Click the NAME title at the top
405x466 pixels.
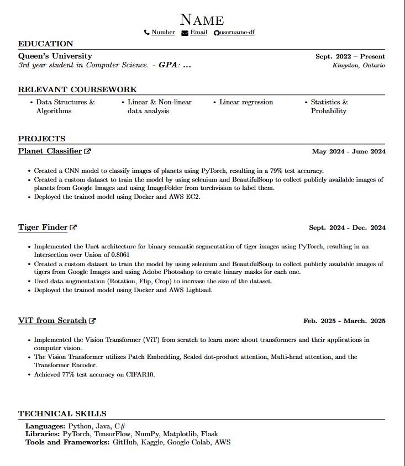(x=202, y=20)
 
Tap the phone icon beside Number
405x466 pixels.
(x=146, y=33)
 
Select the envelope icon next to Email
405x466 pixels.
(x=185, y=33)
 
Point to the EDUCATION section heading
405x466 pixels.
(x=45, y=44)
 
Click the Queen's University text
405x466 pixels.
(x=55, y=56)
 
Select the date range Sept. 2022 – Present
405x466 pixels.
(x=350, y=56)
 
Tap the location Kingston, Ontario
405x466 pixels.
(x=359, y=65)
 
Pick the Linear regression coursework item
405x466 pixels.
(x=246, y=102)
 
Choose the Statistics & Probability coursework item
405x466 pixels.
(x=329, y=107)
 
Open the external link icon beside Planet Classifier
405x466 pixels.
(x=87, y=151)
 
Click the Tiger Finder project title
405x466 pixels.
(x=43, y=227)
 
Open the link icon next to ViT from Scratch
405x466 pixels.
(x=92, y=321)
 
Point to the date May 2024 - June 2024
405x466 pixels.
(x=349, y=151)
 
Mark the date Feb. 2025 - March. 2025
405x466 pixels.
(x=344, y=321)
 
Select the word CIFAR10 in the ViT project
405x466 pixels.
(x=141, y=374)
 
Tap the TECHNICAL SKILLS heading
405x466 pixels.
(x=62, y=414)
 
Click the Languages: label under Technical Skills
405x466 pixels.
(x=45, y=426)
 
